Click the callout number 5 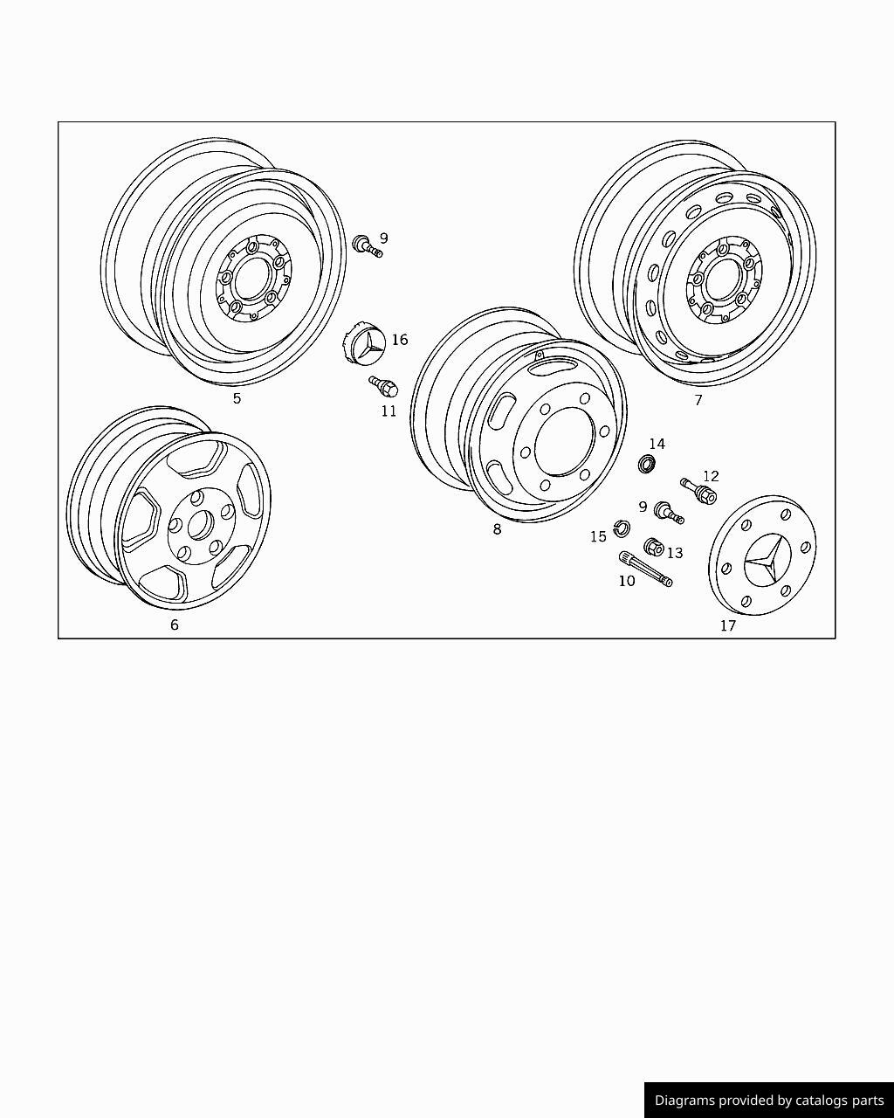click(x=237, y=399)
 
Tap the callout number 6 click(x=175, y=625)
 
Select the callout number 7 click(x=698, y=400)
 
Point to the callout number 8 click(x=497, y=528)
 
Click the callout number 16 click(x=400, y=340)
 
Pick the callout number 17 click(x=728, y=625)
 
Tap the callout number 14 click(x=657, y=445)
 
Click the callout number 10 click(x=627, y=581)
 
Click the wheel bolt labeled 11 click(x=382, y=385)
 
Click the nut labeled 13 click(x=653, y=548)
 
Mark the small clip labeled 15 click(x=621, y=528)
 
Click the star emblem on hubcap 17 click(x=764, y=559)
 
